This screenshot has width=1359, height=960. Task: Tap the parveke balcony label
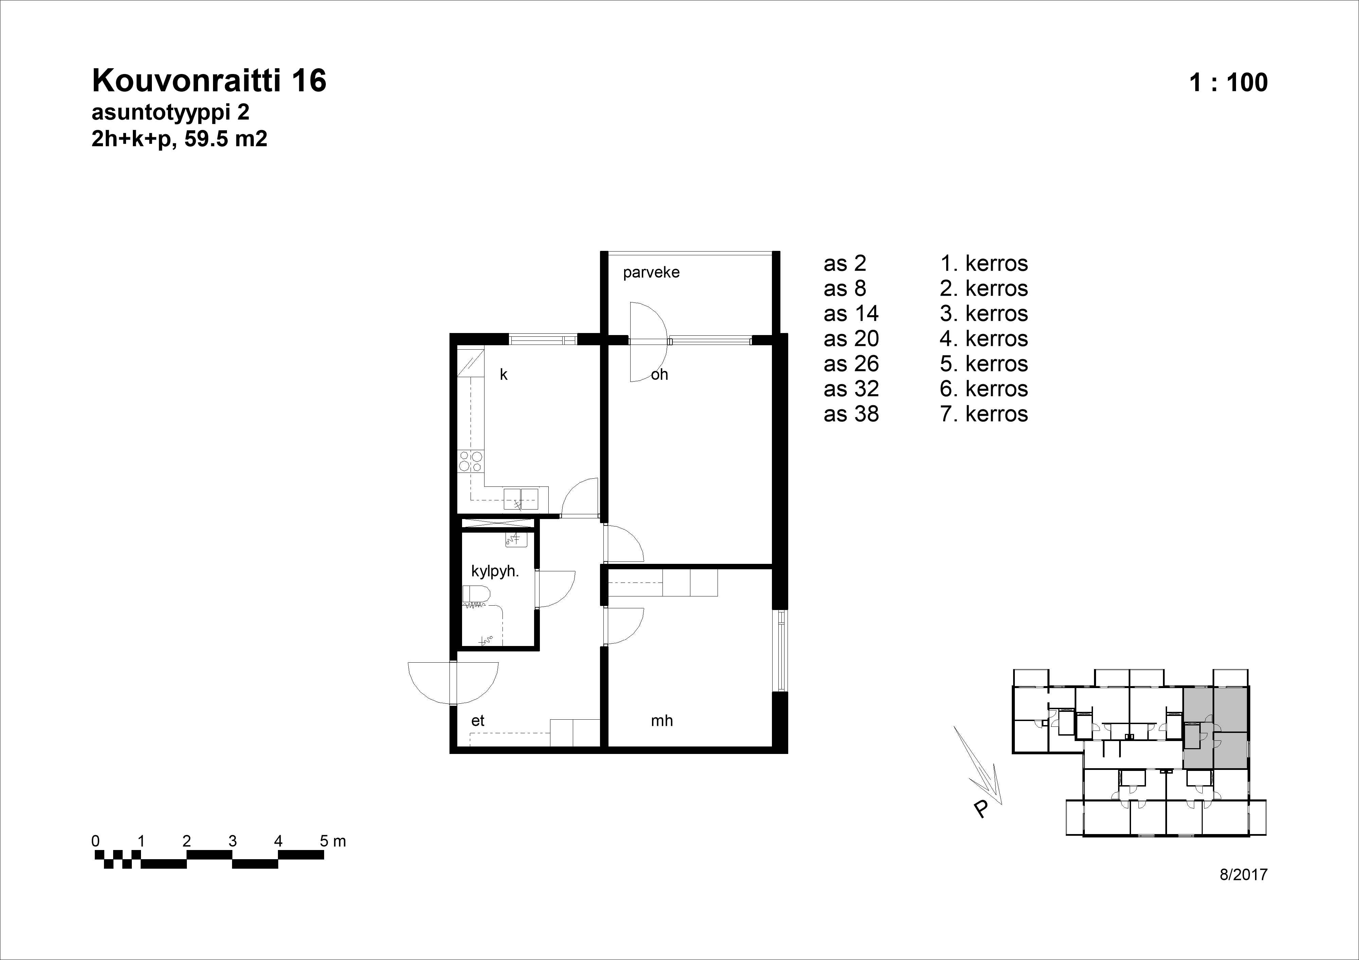(651, 273)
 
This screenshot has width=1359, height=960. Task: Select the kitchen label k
(504, 374)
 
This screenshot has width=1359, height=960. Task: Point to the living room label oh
(659, 374)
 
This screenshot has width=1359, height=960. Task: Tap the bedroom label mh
(662, 720)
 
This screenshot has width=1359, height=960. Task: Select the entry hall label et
(478, 720)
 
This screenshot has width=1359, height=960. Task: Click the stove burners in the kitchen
(471, 461)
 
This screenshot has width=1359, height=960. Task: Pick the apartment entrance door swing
(453, 684)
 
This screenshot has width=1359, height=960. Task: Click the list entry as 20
(851, 339)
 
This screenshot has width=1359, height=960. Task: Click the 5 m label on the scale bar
(333, 841)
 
